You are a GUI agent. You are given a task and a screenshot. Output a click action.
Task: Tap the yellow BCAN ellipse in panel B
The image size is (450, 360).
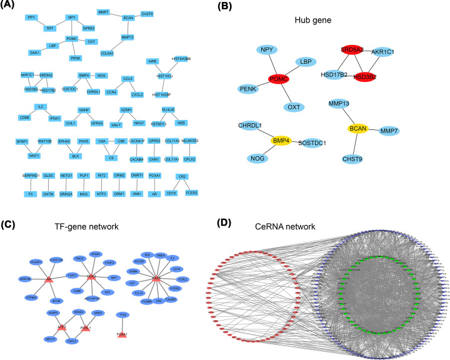click(x=358, y=129)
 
